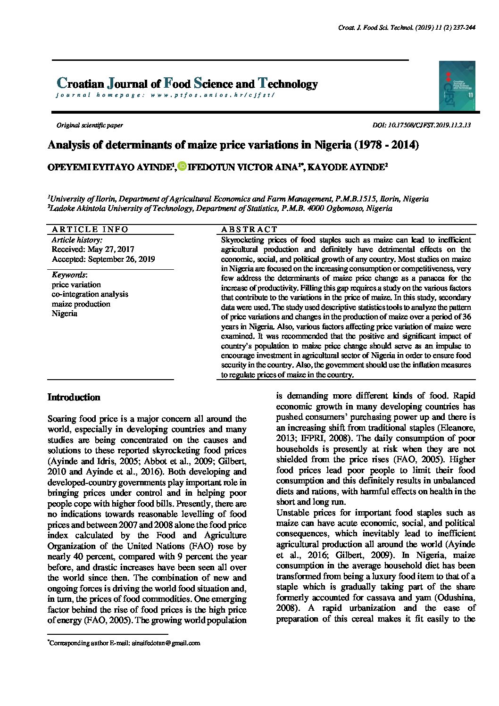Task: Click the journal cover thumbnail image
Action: (457, 85)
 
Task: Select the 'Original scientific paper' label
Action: (90, 125)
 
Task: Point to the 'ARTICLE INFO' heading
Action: (90, 229)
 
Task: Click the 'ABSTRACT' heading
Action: (249, 229)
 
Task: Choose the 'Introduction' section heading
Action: (74, 398)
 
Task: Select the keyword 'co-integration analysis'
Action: (90, 294)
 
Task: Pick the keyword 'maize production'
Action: (81, 304)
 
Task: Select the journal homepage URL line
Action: (165, 95)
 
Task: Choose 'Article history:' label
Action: (77, 240)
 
